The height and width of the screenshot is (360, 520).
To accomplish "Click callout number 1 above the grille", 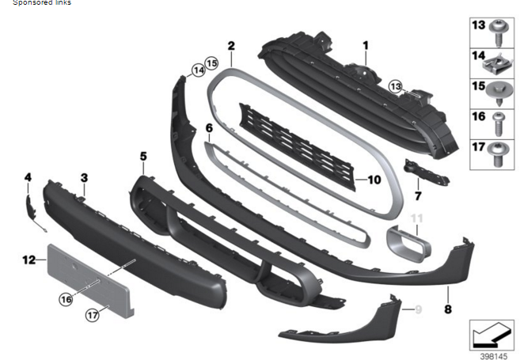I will pyautogui.click(x=366, y=46).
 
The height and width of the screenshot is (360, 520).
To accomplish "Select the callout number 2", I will pyautogui.click(x=230, y=46).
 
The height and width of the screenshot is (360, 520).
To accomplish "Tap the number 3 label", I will pyautogui.click(x=84, y=178).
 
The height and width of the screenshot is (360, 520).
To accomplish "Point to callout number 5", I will pyautogui.click(x=143, y=157).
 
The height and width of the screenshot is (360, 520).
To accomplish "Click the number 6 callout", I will pyautogui.click(x=209, y=127).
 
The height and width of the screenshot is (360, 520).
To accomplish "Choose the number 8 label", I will pyautogui.click(x=448, y=309).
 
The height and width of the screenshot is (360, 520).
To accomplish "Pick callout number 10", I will pyautogui.click(x=374, y=180).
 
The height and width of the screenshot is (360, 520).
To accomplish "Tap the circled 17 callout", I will pyautogui.click(x=93, y=315).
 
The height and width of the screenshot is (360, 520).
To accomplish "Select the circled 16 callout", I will pyautogui.click(x=65, y=298).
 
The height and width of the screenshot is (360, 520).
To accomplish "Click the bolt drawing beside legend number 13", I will pyautogui.click(x=499, y=32).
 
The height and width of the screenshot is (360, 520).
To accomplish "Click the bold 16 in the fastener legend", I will pyautogui.click(x=478, y=116).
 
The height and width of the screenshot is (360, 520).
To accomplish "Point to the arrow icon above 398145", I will pyautogui.click(x=488, y=333).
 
